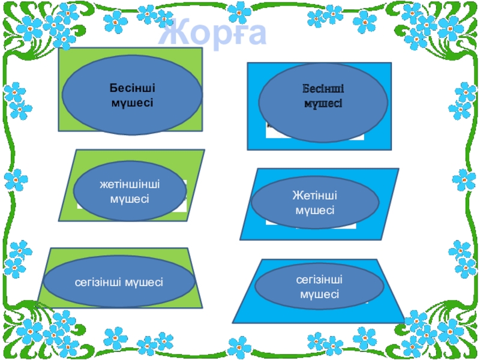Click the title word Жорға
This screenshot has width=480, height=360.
[x=214, y=34]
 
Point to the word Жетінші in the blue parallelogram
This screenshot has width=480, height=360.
[x=314, y=196]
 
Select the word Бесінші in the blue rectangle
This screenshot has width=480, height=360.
[x=323, y=89]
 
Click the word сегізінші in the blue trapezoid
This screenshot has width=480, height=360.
[x=319, y=280]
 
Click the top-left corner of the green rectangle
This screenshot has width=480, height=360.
[x=59, y=49]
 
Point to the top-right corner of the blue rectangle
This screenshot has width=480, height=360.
[x=391, y=63]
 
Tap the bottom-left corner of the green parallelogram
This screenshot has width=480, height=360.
[x=59, y=221]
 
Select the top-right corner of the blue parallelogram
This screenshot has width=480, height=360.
[x=399, y=169]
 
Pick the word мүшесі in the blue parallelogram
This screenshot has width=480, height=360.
[x=314, y=211]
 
